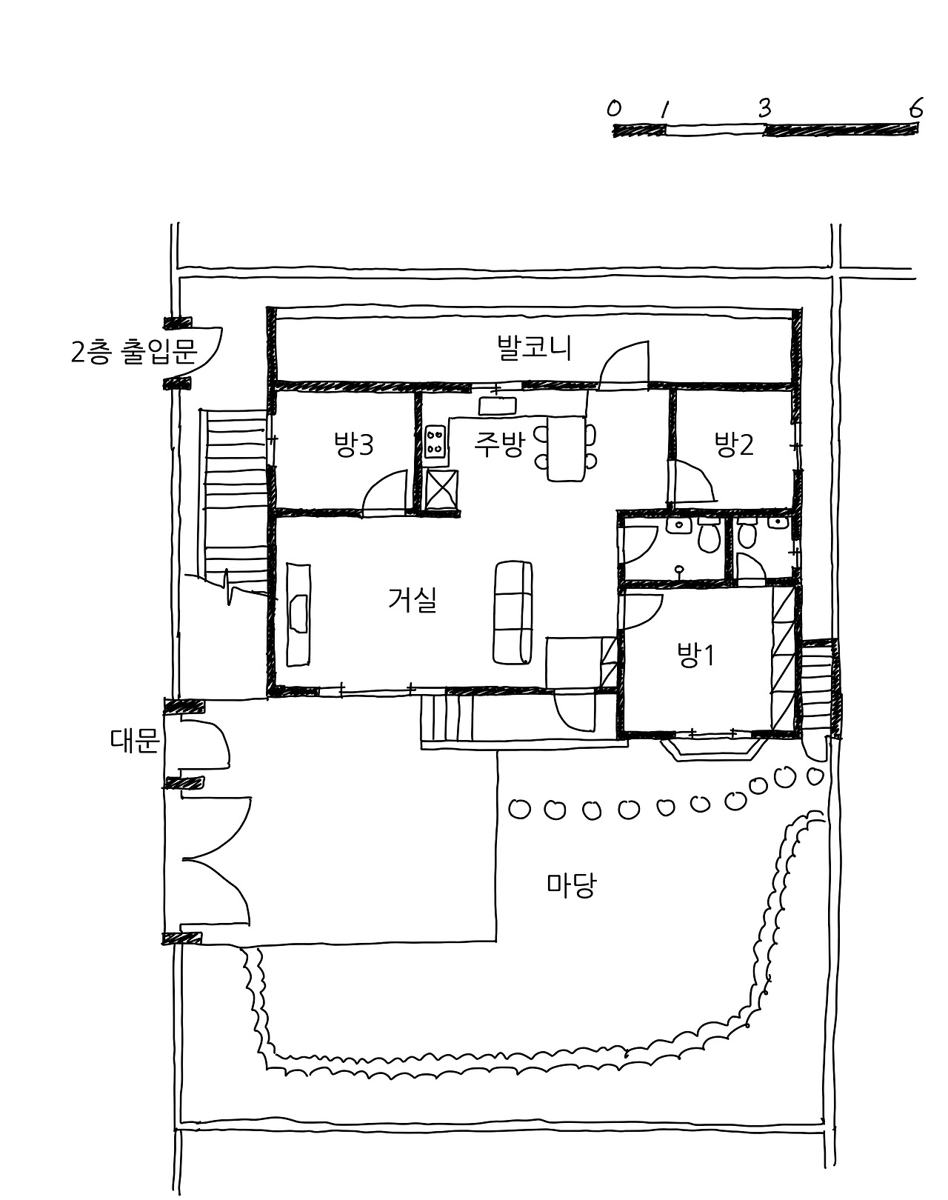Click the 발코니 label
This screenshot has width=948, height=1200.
[x=534, y=348]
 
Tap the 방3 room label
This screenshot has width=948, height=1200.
[x=353, y=445]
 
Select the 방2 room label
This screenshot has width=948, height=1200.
[x=733, y=444]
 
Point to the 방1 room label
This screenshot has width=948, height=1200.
[x=695, y=655]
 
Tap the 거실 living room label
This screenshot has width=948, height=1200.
[x=412, y=599]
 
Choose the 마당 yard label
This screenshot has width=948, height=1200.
[x=571, y=885]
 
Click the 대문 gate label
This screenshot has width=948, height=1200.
[x=134, y=741]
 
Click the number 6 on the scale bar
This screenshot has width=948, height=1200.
[x=916, y=110]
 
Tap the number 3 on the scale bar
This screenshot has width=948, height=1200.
[x=764, y=109]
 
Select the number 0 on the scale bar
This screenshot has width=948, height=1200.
[x=613, y=109]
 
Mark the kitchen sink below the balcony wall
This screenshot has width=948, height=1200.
[x=497, y=405]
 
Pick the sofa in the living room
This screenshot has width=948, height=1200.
[x=513, y=612]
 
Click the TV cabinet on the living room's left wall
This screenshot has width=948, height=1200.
[x=298, y=613]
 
